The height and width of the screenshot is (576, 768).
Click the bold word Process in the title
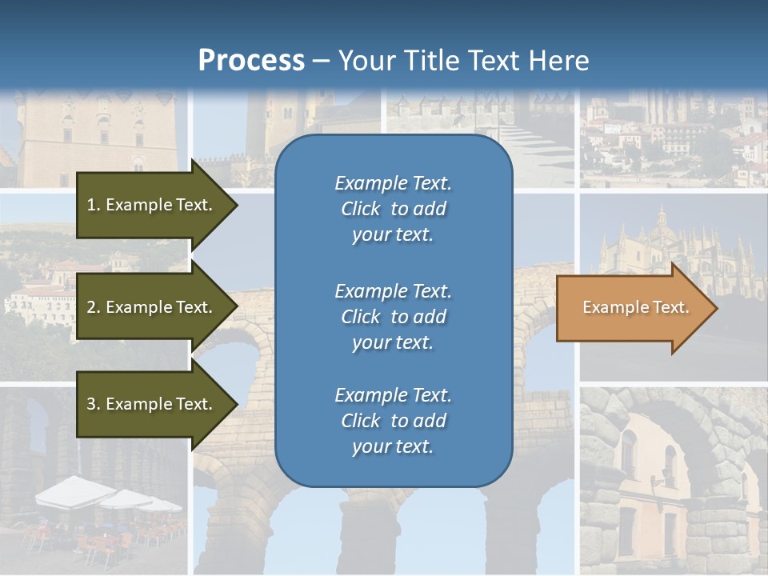click(x=251, y=60)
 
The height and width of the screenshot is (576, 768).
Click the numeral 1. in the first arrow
click(x=94, y=205)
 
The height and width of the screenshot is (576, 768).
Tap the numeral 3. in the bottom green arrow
click(x=94, y=404)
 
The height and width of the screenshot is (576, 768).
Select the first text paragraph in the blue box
click(x=393, y=209)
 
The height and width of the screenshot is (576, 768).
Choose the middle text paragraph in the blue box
click(x=393, y=317)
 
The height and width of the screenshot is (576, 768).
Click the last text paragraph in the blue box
click(x=393, y=421)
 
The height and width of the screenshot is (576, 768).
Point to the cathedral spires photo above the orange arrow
click(x=672, y=240)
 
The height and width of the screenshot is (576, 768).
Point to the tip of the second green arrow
click(x=237, y=307)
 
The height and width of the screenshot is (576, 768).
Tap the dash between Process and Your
click(x=322, y=61)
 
